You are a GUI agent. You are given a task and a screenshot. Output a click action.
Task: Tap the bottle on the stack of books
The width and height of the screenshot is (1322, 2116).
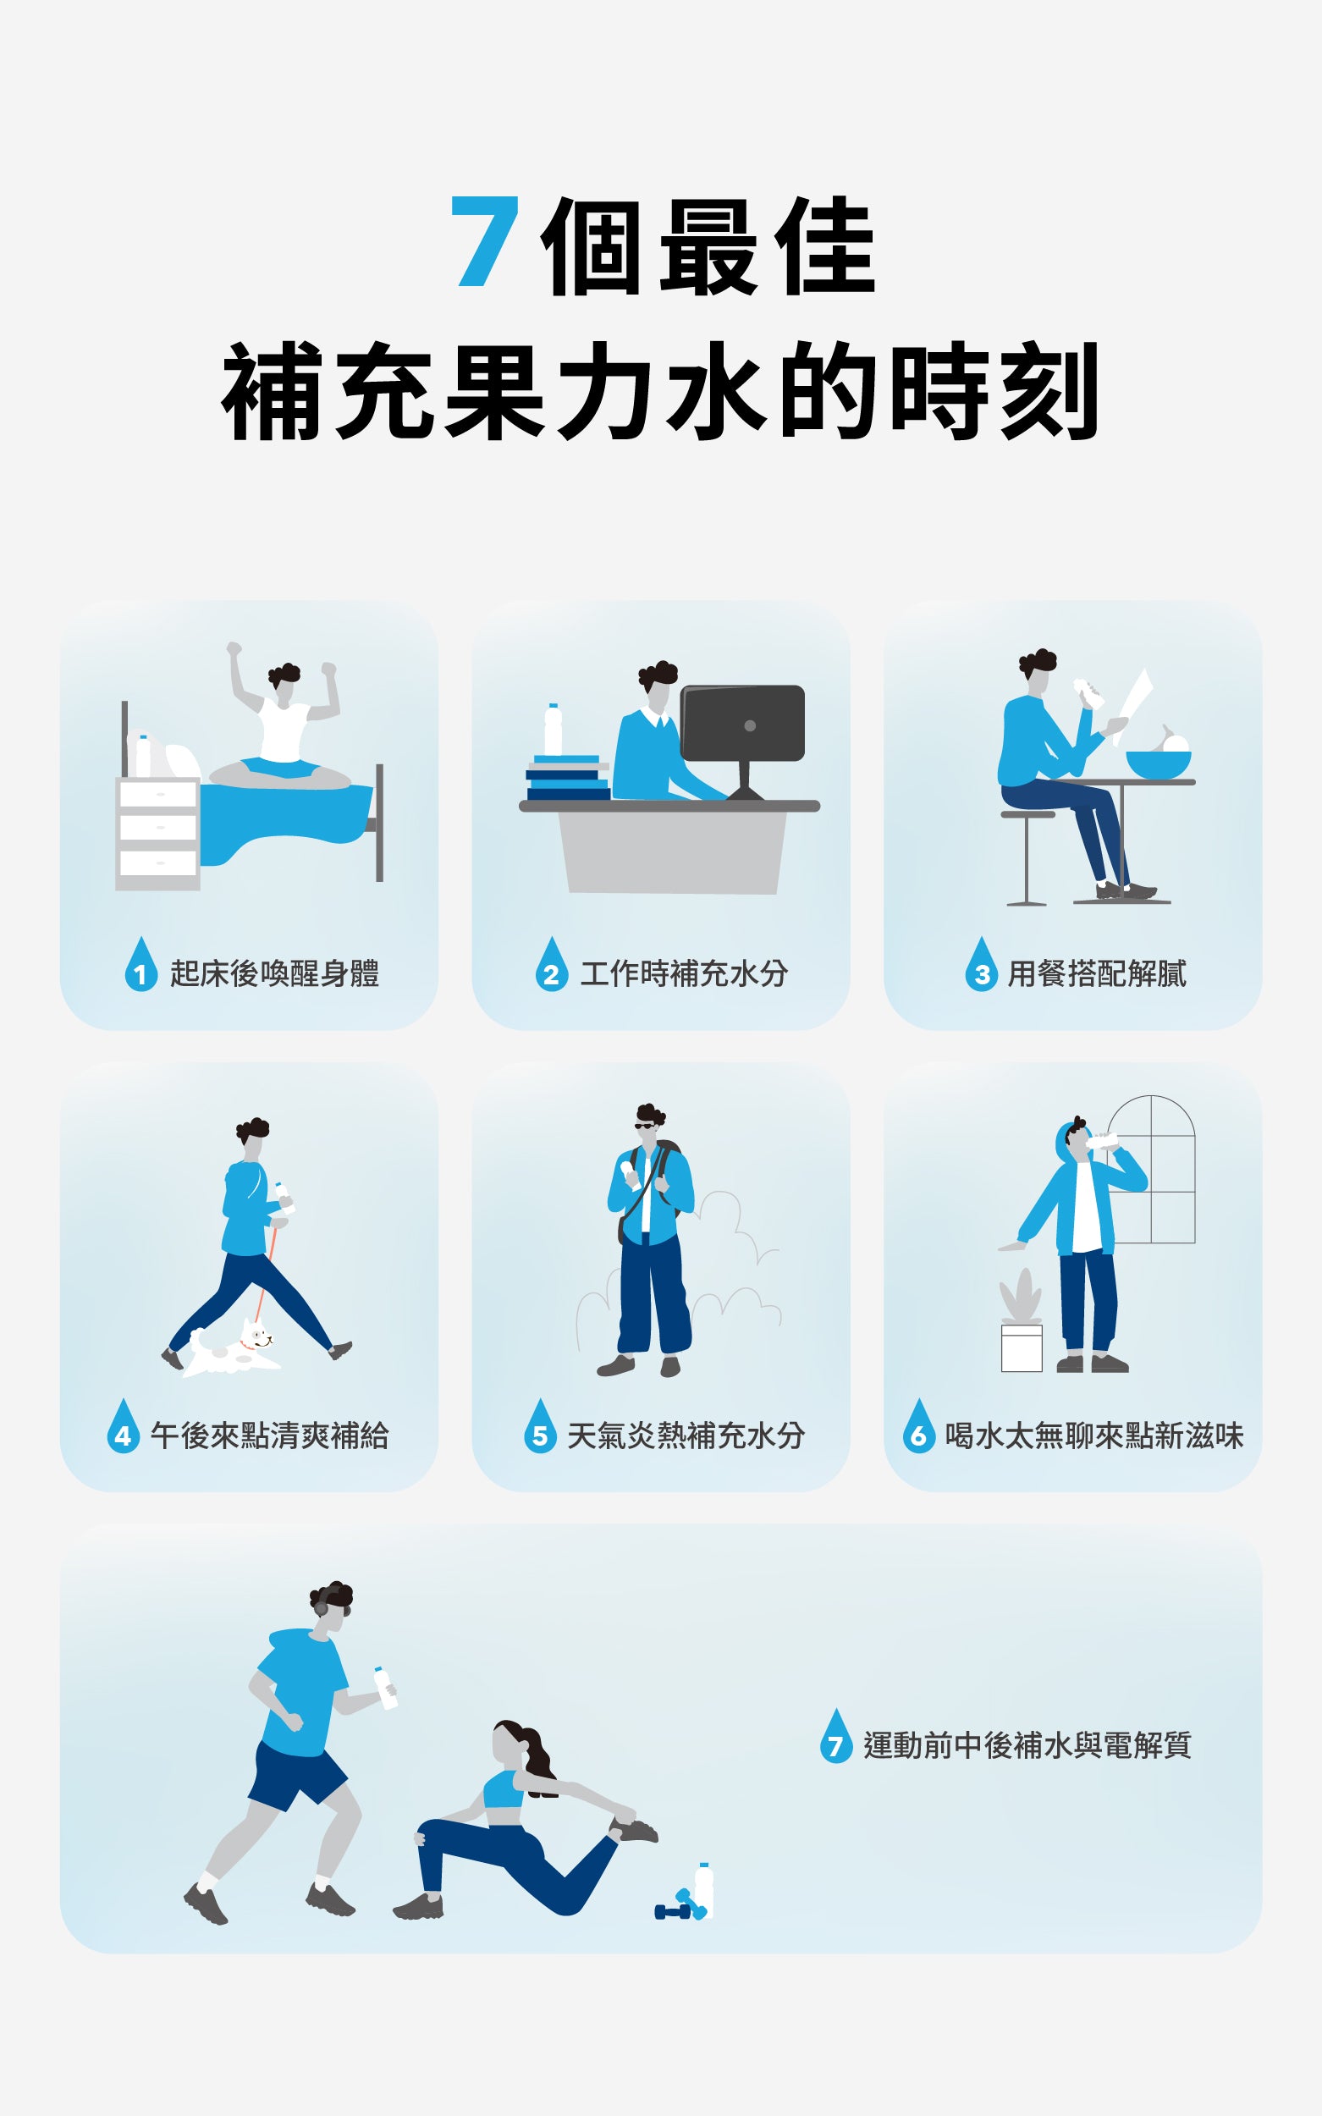coord(553,730)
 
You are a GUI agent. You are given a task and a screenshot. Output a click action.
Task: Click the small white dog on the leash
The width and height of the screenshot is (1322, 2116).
coord(233,1350)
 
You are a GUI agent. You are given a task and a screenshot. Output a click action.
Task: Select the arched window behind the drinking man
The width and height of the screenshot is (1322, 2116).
coord(1151,1169)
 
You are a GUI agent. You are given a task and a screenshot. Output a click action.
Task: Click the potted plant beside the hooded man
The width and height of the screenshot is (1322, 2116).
coord(1022,1321)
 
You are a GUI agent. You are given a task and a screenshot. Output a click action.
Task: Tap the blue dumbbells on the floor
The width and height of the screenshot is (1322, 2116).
coord(680,1906)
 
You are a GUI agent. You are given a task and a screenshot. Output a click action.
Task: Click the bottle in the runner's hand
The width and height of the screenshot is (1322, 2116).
coord(386,1687)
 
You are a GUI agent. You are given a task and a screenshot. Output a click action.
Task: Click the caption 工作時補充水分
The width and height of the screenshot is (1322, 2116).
coord(684,973)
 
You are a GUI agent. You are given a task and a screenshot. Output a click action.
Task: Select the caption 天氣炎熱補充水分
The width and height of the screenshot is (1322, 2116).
coord(686,1435)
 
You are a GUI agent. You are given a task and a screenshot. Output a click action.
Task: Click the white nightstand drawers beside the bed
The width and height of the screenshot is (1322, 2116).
coord(157,834)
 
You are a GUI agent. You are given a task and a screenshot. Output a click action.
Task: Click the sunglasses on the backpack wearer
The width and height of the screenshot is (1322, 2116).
coord(644,1126)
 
